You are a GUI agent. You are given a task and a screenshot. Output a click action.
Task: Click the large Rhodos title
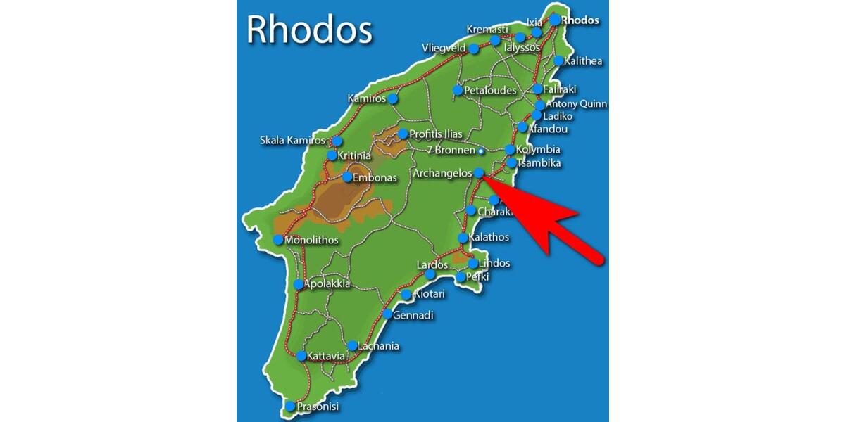pos(308,30)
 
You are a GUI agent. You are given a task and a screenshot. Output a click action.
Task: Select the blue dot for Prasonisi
pos(290,407)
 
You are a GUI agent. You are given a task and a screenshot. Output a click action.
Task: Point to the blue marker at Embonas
pos(347,177)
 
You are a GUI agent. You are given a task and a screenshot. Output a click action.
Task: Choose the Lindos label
pos(494,264)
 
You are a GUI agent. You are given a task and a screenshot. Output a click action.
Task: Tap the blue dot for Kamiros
pos(392,98)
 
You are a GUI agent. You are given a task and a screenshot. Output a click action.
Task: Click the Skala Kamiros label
pos(292,141)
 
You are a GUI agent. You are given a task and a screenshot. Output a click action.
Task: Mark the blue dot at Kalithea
pos(558,61)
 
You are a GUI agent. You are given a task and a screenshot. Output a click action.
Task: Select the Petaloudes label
pos(490,91)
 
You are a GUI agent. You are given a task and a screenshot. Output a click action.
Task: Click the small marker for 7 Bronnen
pos(481,151)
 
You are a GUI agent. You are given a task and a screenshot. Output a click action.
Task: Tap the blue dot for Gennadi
pos(388,314)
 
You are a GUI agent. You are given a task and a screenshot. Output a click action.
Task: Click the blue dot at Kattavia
pos(301,356)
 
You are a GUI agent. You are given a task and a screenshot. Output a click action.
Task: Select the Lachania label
pos(378,346)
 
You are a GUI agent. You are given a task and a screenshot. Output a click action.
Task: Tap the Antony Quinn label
pos(576,104)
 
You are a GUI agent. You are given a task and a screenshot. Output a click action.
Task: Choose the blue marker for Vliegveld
pos(474,49)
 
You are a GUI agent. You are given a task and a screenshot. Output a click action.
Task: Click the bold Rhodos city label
pos(580,20)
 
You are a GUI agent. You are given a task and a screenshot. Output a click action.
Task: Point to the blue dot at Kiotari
pos(406,295)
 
